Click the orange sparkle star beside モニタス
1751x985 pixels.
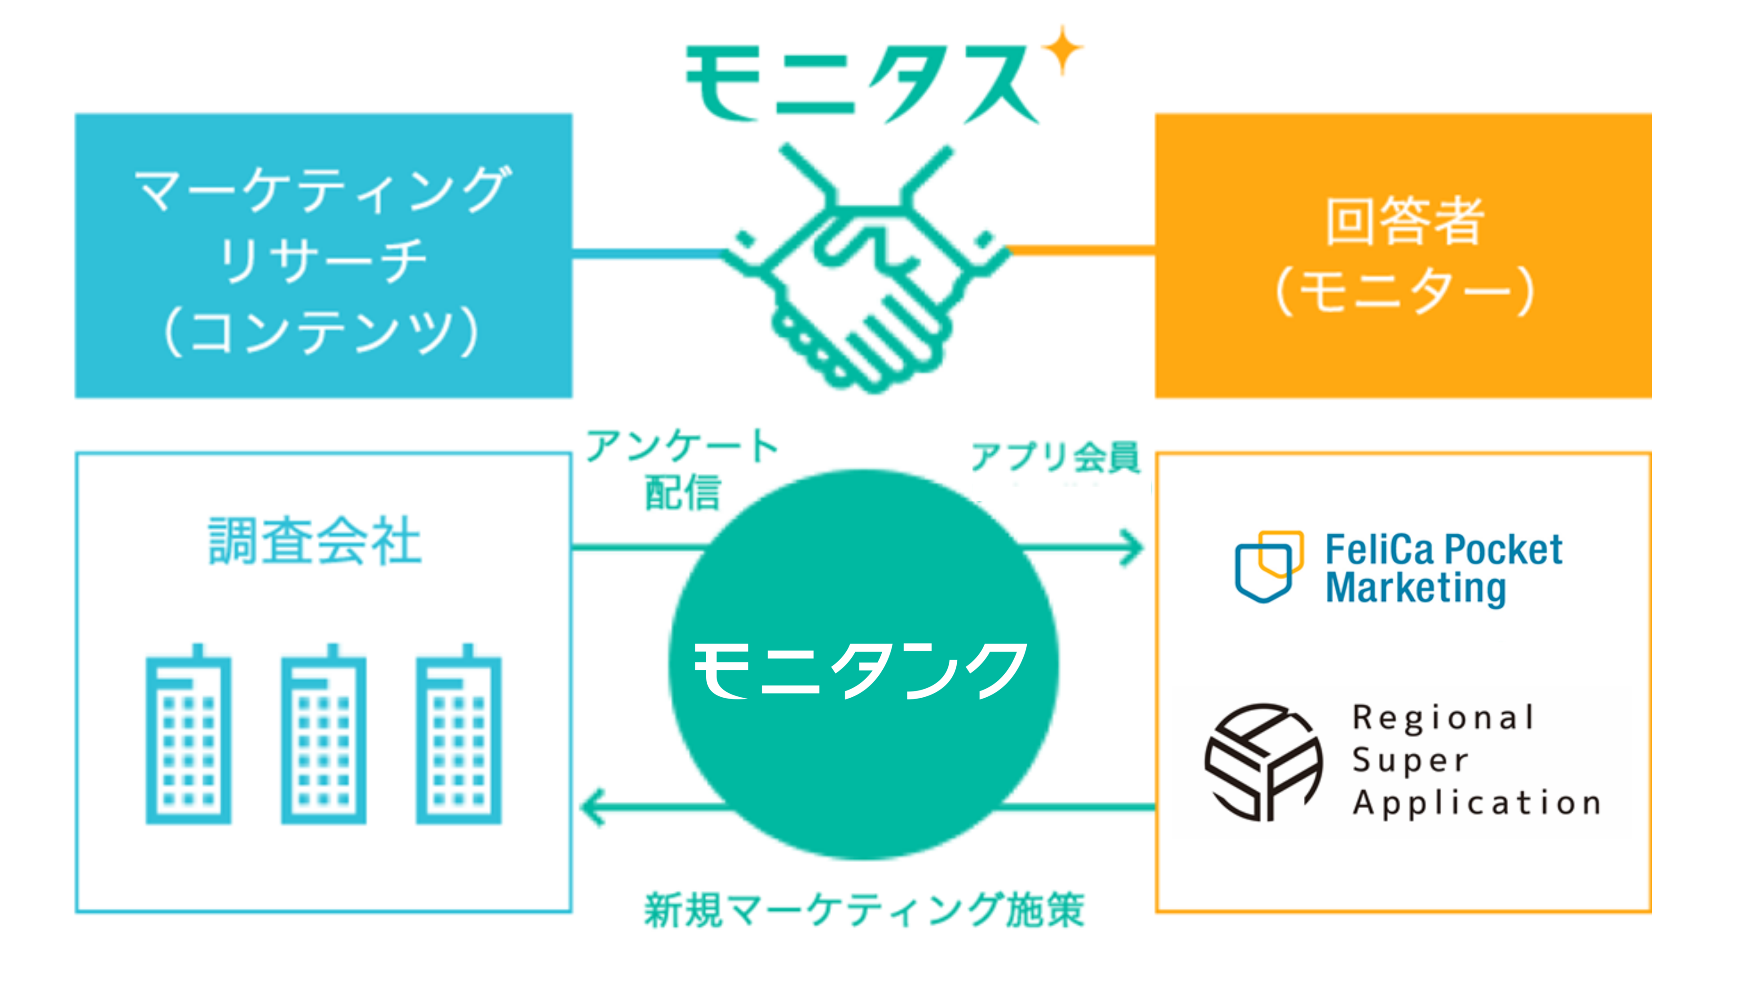1062,49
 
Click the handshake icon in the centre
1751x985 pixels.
865,268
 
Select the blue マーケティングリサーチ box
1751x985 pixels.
324,255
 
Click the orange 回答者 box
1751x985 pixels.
1403,255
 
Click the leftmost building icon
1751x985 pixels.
188,735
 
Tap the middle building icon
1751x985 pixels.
324,735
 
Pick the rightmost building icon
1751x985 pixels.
459,735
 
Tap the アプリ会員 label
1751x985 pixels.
1055,456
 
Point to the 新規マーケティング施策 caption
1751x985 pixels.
864,910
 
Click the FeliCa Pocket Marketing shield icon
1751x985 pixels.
1268,566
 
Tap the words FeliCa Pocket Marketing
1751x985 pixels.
1443,568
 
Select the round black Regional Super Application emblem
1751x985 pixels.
1263,761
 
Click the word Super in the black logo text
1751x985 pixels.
1410,760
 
